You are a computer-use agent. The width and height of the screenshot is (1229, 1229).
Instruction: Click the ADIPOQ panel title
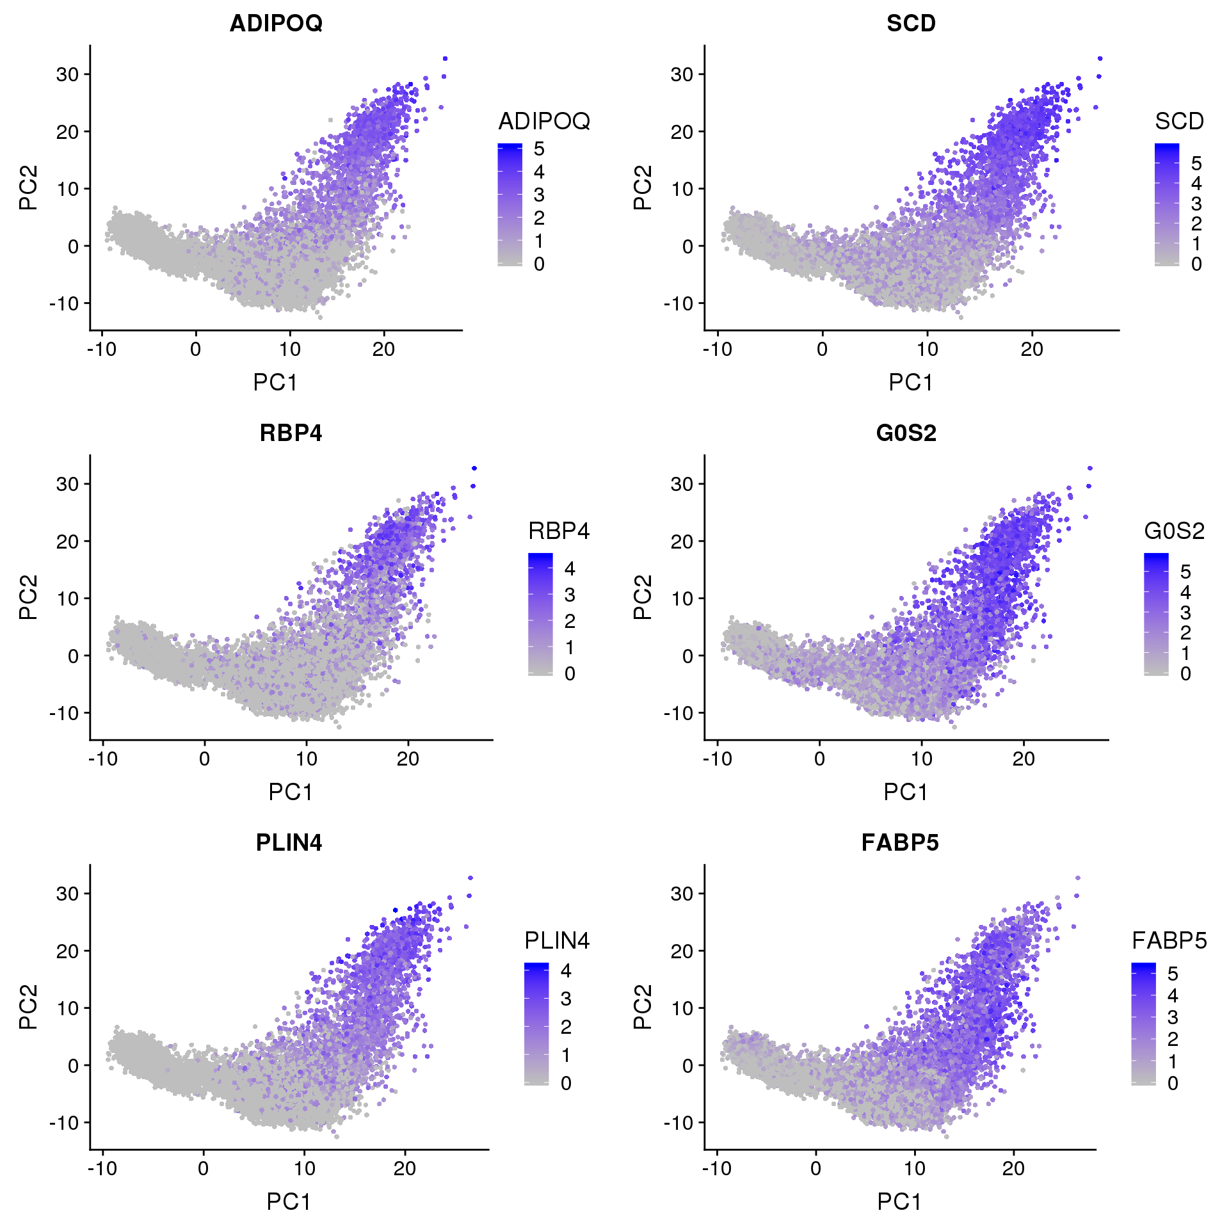click(x=276, y=23)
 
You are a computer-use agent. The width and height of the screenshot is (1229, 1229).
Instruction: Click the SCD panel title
click(x=911, y=23)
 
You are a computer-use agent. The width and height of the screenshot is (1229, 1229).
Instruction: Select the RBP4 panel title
click(x=291, y=433)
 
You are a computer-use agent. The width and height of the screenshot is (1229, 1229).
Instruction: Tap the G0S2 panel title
click(x=906, y=433)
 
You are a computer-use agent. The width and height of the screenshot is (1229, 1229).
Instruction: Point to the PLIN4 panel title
click(x=289, y=842)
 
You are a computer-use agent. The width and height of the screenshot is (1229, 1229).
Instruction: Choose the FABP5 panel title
click(x=900, y=842)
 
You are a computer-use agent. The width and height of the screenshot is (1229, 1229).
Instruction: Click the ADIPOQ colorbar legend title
click(x=544, y=121)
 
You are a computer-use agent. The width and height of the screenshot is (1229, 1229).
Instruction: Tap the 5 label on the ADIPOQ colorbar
click(x=539, y=149)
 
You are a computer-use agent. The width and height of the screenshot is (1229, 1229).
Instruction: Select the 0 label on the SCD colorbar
click(x=1196, y=264)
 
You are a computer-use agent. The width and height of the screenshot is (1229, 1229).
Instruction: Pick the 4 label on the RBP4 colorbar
click(x=570, y=568)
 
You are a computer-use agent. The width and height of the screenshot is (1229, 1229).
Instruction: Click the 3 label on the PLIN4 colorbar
click(x=566, y=999)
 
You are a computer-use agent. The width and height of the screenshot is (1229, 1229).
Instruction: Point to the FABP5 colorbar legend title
click(x=1169, y=940)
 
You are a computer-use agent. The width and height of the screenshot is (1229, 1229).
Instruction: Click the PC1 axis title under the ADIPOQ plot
click(x=275, y=382)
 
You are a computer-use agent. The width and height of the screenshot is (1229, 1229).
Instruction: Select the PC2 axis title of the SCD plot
click(x=642, y=188)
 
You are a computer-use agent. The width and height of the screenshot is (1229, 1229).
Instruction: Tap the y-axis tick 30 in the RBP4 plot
click(x=67, y=484)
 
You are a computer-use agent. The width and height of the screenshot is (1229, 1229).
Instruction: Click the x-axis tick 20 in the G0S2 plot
click(x=1024, y=759)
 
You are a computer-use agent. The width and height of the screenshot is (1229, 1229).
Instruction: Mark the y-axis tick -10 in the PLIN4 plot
click(x=64, y=1123)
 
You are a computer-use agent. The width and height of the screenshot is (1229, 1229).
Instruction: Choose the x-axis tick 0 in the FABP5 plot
click(x=815, y=1169)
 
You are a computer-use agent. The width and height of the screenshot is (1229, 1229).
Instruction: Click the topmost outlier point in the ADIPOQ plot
click(x=445, y=58)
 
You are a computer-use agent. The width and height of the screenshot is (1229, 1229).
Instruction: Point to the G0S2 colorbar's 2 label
click(x=1185, y=632)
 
